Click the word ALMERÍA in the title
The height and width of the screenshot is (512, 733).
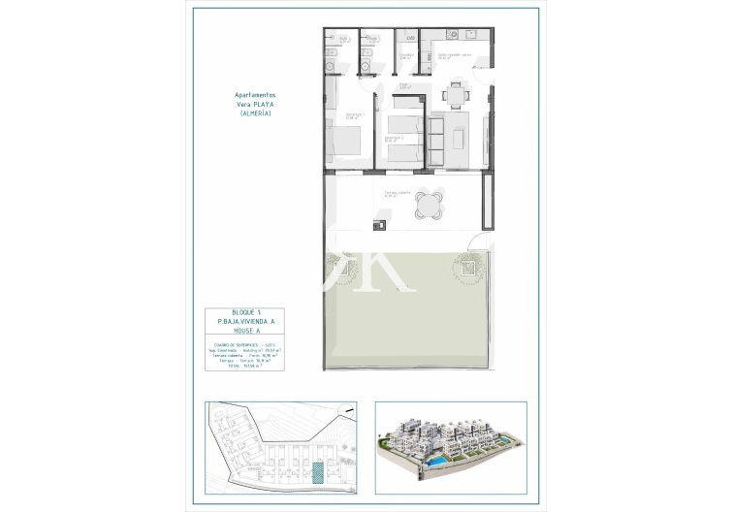pos(254,115)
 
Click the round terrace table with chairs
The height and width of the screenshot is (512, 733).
pos(429,205)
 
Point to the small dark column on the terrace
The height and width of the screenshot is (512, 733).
pos(379,227)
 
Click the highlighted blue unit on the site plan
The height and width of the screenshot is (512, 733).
pos(318,471)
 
